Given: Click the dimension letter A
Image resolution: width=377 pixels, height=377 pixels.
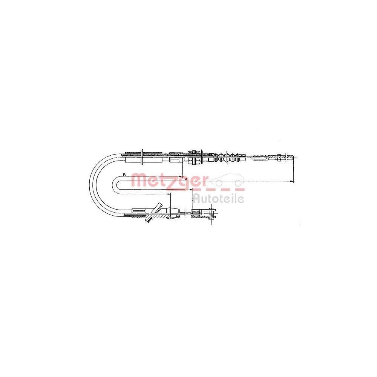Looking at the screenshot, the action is [x=186, y=179].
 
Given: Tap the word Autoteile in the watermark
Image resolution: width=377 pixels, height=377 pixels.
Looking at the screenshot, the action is [x=219, y=199].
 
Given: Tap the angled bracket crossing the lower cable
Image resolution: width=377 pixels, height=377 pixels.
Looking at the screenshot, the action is [x=154, y=213].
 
